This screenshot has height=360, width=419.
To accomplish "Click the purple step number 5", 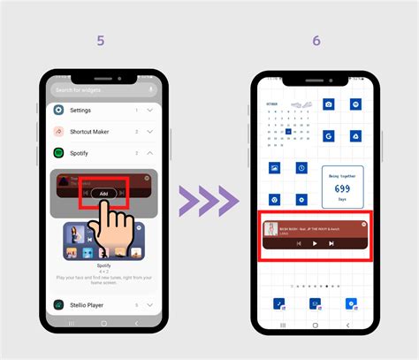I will tap(103, 42).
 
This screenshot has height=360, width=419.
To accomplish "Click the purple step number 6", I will tap(316, 42).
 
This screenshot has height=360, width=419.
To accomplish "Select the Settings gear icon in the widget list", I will tap(58, 110).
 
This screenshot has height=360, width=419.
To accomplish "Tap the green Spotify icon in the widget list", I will tap(58, 153).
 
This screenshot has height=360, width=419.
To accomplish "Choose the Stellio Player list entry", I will tap(92, 305).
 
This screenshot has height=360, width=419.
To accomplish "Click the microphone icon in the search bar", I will tap(152, 89).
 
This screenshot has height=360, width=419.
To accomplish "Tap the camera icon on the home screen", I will tap(328, 104).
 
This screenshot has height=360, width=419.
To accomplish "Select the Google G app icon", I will tap(328, 135).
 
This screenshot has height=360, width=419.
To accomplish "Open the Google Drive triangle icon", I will tap(352, 135).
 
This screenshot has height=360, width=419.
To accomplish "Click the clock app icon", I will tap(301, 167).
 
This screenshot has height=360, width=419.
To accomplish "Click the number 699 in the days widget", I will tap(341, 188).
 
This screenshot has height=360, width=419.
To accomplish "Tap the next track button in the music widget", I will tap(331, 243).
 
